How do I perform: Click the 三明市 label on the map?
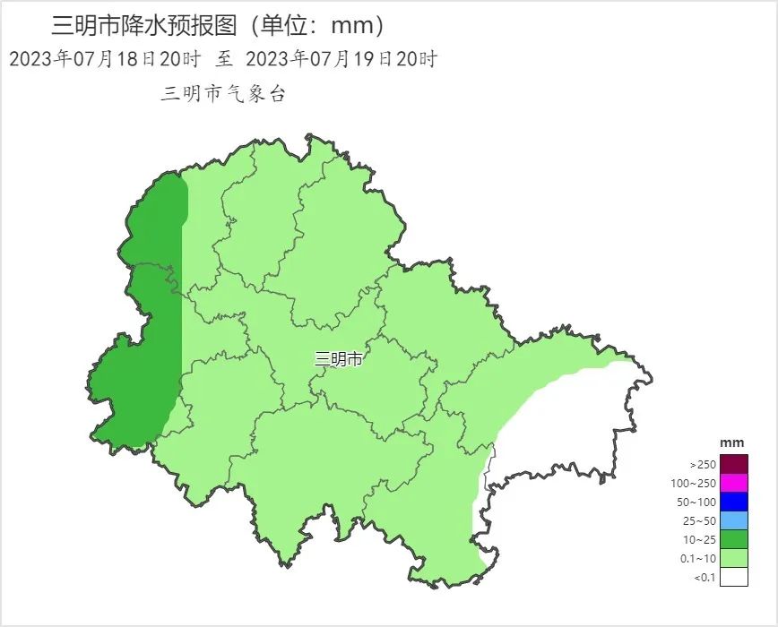(339, 359)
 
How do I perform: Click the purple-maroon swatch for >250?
(733, 464)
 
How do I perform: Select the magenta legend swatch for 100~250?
(733, 483)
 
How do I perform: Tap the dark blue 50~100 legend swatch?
(733, 502)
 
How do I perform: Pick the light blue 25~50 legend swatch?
(733, 520)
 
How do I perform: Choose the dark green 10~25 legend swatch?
(733, 539)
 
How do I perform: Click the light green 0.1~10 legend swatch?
(733, 558)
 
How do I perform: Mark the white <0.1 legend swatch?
(733, 577)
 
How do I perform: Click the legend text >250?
(703, 465)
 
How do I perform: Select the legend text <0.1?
(705, 578)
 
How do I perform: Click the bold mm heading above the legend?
(732, 443)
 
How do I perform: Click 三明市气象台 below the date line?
(223, 94)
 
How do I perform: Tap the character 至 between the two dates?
(224, 60)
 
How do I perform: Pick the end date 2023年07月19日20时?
(341, 60)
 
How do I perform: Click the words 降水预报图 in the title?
(189, 26)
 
